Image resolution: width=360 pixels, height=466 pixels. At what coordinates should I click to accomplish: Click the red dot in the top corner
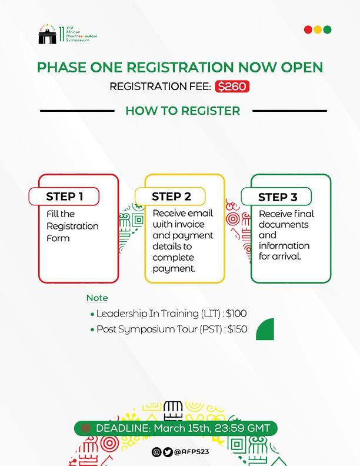click(x=308, y=29)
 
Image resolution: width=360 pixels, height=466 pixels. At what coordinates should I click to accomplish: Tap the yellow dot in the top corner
click(x=318, y=29)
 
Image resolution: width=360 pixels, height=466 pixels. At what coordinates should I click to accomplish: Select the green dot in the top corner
click(x=327, y=29)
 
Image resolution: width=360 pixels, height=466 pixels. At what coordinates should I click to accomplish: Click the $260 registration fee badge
click(x=232, y=86)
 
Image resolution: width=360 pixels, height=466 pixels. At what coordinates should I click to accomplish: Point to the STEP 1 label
click(x=64, y=197)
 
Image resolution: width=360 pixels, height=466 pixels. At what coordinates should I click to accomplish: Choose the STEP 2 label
click(x=171, y=197)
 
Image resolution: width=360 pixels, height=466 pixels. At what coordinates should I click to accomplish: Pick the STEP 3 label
click(x=278, y=197)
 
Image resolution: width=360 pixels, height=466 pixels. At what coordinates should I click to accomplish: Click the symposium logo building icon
click(x=46, y=36)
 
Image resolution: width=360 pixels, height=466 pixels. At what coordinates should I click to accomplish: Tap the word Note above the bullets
click(x=97, y=298)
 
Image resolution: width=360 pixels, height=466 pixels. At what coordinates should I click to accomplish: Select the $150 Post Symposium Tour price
click(x=237, y=329)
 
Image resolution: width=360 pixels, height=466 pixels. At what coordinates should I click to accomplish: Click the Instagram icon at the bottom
click(x=156, y=452)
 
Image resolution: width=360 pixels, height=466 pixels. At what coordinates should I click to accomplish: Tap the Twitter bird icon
click(x=168, y=452)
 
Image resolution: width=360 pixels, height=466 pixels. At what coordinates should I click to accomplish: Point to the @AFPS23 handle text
click(x=192, y=452)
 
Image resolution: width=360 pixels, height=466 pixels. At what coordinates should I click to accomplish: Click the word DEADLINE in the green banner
click(x=122, y=428)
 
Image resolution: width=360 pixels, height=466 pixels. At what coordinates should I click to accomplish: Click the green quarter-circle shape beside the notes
click(x=266, y=329)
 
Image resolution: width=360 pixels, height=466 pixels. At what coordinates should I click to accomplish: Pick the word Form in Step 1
click(x=58, y=238)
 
